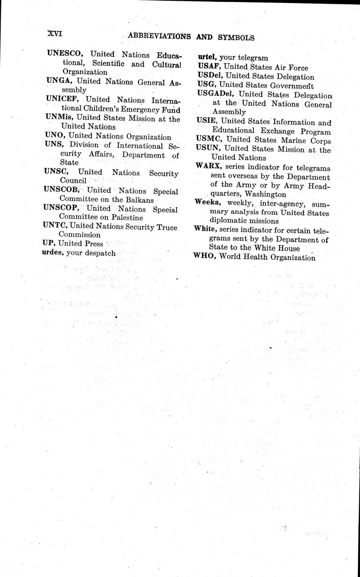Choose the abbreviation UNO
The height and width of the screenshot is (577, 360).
point(54,136)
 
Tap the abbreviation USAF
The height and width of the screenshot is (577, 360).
point(209,67)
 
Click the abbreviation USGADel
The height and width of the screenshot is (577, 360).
point(215,94)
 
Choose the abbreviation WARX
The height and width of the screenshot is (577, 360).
point(208,166)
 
